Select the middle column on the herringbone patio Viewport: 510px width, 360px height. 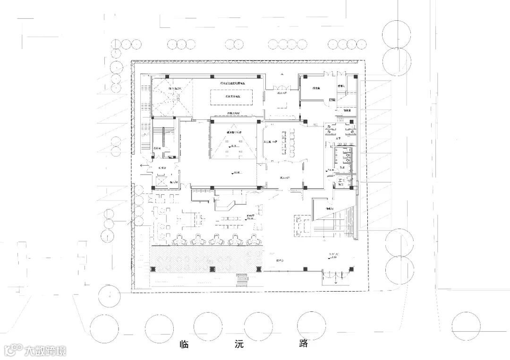(211, 269)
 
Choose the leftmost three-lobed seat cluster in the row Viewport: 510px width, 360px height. (180, 240)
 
